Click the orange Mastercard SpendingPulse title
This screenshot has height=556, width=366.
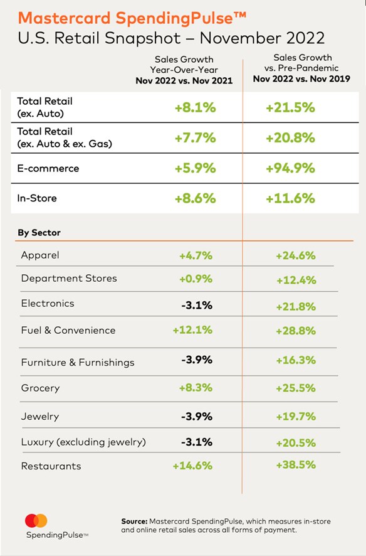(132, 18)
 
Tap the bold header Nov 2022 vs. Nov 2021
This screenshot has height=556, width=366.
(184, 80)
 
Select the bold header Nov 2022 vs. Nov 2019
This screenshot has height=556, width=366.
(301, 78)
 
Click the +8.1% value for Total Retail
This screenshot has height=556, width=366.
(196, 107)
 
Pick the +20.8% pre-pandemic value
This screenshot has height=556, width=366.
(290, 137)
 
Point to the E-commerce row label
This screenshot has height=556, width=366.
(48, 168)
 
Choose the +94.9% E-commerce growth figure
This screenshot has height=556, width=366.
(290, 168)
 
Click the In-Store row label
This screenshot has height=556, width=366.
(37, 198)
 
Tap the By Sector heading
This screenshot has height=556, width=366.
(39, 233)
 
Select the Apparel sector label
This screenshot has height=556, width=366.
(40, 255)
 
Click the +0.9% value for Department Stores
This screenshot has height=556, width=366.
(196, 279)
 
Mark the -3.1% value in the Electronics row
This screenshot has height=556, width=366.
(197, 305)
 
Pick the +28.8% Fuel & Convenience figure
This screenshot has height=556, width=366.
(296, 331)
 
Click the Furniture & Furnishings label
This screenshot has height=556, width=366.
(78, 362)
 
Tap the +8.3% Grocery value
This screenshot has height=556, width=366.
(196, 388)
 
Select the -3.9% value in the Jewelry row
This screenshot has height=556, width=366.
(197, 416)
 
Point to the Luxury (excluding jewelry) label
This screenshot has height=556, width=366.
(83, 442)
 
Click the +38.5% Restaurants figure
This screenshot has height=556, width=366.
(296, 464)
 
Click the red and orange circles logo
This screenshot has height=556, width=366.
(36, 520)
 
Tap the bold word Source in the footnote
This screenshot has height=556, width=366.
(135, 521)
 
